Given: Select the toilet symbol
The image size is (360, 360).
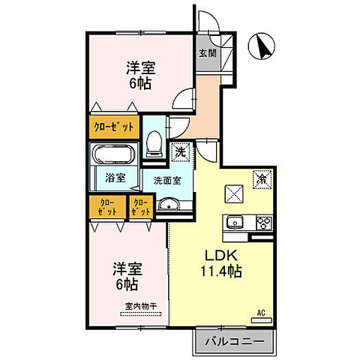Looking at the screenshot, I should tap(154, 141).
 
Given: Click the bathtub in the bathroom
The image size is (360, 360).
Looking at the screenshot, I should tap(113, 156).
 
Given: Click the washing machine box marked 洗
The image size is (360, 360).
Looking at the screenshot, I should tap(181, 152).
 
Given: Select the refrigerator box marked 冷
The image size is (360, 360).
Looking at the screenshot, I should tap(262, 179).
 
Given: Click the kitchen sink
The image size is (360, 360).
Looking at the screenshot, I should tap(234, 222).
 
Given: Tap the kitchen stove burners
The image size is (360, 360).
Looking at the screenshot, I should tap(263, 222).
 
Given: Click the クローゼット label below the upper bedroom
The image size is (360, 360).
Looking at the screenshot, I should tap(114, 127).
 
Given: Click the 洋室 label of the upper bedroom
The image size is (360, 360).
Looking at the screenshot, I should tap(139, 66).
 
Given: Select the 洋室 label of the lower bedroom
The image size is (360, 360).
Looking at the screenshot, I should tap(126, 267).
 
